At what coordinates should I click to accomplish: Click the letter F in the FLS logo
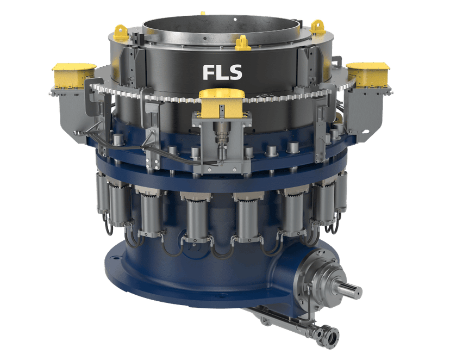tap(209, 72)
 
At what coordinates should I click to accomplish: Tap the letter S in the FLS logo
tap(236, 72)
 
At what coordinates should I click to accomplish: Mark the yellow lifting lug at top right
tap(317, 26)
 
